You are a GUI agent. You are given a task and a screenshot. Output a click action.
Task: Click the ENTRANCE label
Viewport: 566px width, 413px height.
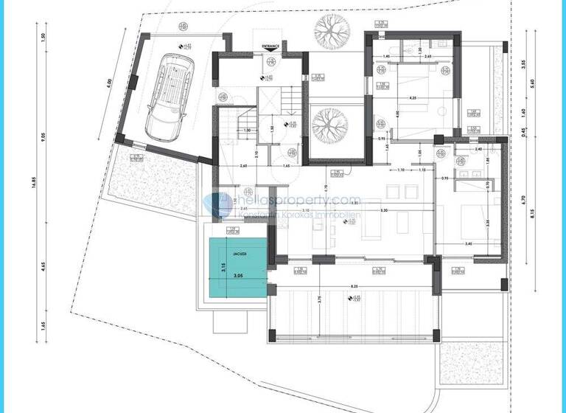click(x=270, y=46)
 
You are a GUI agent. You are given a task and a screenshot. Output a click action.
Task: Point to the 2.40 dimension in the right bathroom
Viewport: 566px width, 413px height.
click(x=478, y=150)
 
